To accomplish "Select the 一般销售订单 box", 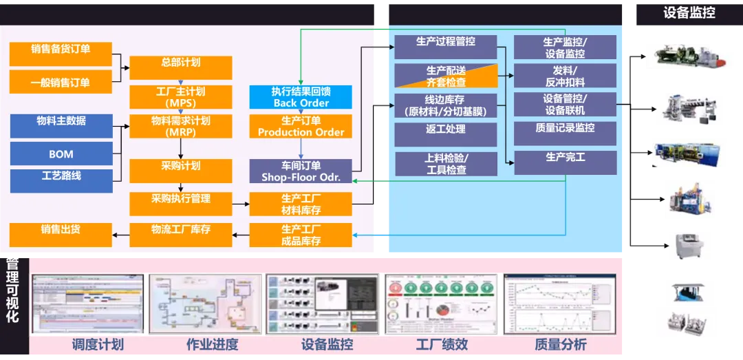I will tap(61, 82).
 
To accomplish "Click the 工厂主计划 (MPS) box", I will tap(180, 96).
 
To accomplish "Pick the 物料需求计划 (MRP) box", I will tap(180, 126).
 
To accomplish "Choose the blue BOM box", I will tap(61, 154).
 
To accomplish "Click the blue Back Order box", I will tap(301, 97).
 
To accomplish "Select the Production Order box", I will tap(301, 126).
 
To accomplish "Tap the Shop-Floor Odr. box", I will tap(301, 171).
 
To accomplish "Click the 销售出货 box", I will tap(61, 234).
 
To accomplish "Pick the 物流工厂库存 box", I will tap(180, 234).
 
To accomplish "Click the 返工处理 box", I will tap(445, 134).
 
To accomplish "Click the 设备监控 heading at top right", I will tap(689, 12).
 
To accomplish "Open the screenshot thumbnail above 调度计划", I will tap(88, 304).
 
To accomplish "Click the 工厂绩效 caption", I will tap(442, 344).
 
